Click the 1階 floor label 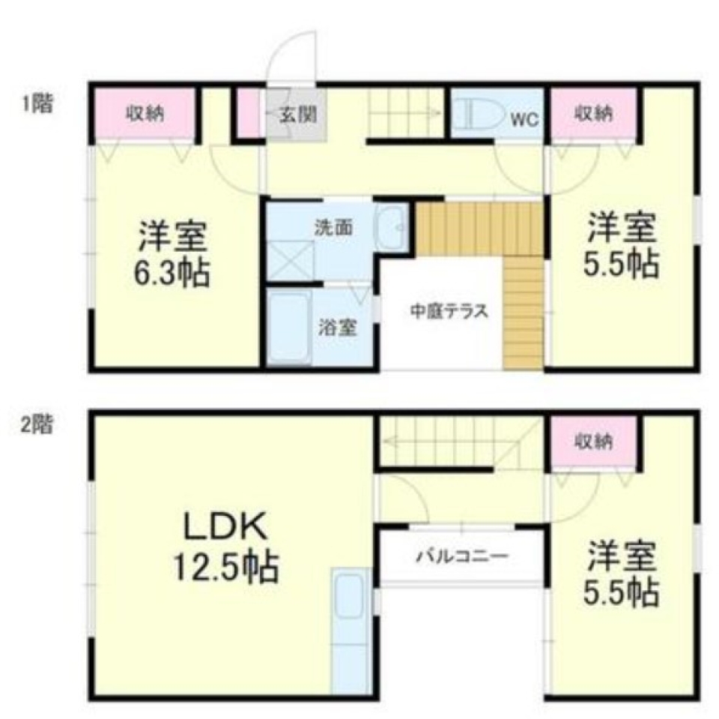(x=37, y=103)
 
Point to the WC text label (x=525, y=118)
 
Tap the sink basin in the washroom (x=392, y=227)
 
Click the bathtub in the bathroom (x=290, y=327)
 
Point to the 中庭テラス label (x=449, y=310)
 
